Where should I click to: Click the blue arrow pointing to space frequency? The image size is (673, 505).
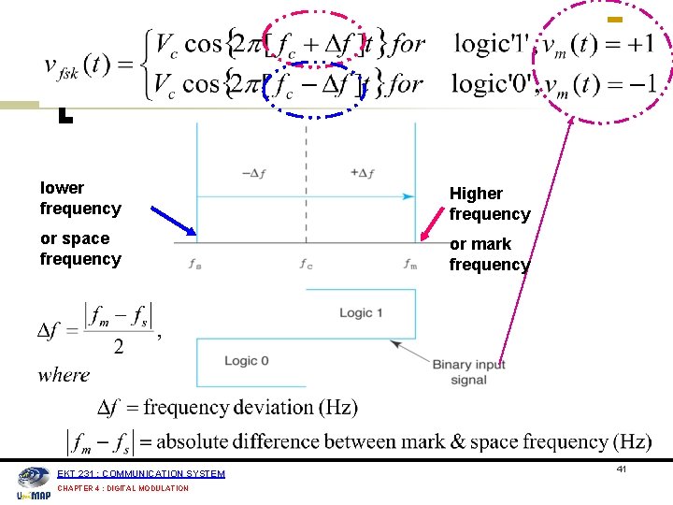click(x=173, y=220)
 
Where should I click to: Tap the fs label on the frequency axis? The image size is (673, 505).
click(x=194, y=264)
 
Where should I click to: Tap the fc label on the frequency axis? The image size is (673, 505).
click(x=306, y=264)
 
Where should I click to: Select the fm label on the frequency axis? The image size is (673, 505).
click(x=410, y=264)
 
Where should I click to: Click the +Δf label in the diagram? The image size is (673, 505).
click(x=362, y=173)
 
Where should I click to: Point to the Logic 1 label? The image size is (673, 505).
click(x=361, y=312)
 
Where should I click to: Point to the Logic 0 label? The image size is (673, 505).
click(x=246, y=361)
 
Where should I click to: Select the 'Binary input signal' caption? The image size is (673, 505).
click(x=468, y=371)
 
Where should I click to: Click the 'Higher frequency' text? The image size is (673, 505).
click(x=489, y=204)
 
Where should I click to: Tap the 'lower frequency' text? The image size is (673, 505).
click(x=80, y=198)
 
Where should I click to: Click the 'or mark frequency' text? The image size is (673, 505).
click(x=489, y=254)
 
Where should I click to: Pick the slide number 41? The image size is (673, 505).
click(x=622, y=469)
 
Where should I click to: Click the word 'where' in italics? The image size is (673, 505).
click(x=64, y=375)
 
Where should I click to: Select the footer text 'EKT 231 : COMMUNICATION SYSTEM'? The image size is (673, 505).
click(x=141, y=474)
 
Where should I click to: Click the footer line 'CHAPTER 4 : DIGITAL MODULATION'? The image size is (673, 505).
click(x=122, y=488)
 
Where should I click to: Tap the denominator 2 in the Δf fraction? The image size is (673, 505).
click(x=118, y=348)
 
